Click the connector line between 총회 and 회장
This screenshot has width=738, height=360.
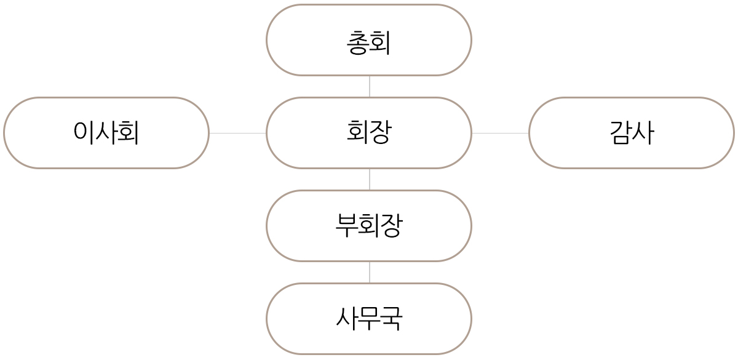[370, 86]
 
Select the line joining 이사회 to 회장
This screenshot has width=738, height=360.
[237, 133]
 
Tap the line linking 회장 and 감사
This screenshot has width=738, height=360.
[500, 133]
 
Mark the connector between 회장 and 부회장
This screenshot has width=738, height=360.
[370, 179]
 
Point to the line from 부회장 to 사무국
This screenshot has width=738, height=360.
[370, 272]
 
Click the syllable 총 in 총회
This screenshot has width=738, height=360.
[358, 44]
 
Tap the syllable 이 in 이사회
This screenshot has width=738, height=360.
[83, 132]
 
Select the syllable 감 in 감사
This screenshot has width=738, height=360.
[620, 132]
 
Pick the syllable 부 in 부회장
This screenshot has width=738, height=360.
[346, 226]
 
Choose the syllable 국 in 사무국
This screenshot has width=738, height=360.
[392, 319]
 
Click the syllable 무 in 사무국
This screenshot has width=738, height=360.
[369, 319]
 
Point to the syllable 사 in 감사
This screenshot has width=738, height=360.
[643, 132]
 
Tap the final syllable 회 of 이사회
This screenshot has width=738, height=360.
[129, 132]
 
